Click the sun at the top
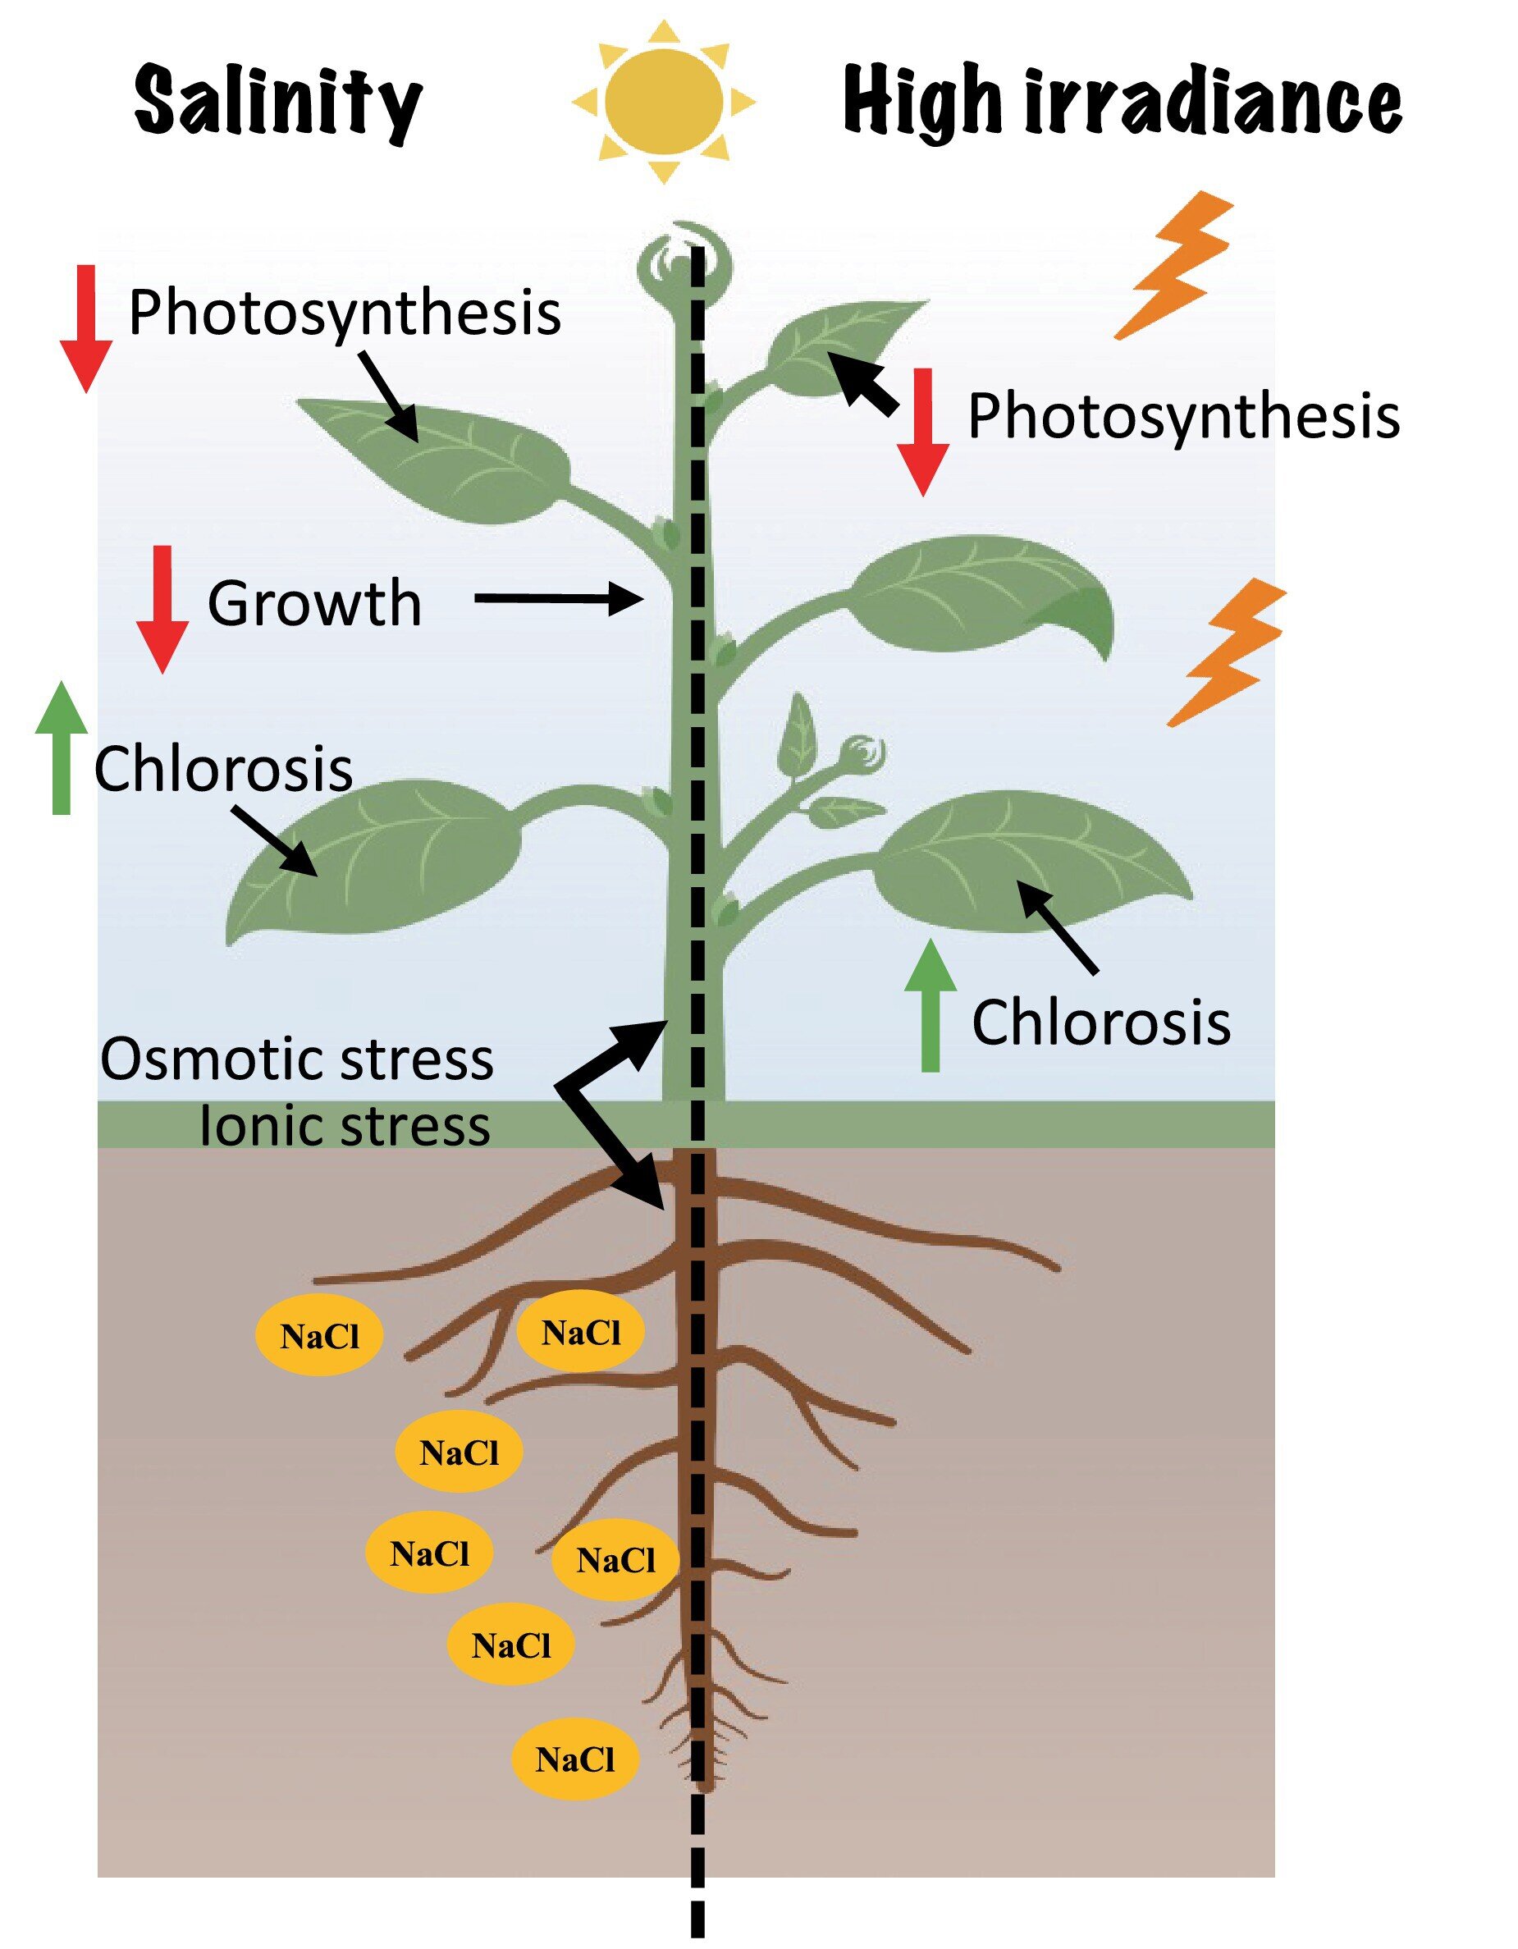pyautogui.click(x=663, y=102)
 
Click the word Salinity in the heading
pyautogui.click(x=277, y=103)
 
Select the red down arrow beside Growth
pyautogui.click(x=162, y=609)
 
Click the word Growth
pyautogui.click(x=314, y=604)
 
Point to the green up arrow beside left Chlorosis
pyautogui.click(x=62, y=748)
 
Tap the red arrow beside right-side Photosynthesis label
pyautogui.click(x=923, y=432)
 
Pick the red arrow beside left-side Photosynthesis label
pyautogui.click(x=85, y=328)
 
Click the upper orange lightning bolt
pyautogui.click(x=1176, y=264)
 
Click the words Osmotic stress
pyautogui.click(x=296, y=1059)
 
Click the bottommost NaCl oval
pyautogui.click(x=574, y=1758)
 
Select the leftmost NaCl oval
pyautogui.click(x=319, y=1336)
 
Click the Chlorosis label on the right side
pyautogui.click(x=1101, y=1023)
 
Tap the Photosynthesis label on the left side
pyautogui.click(x=345, y=313)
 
